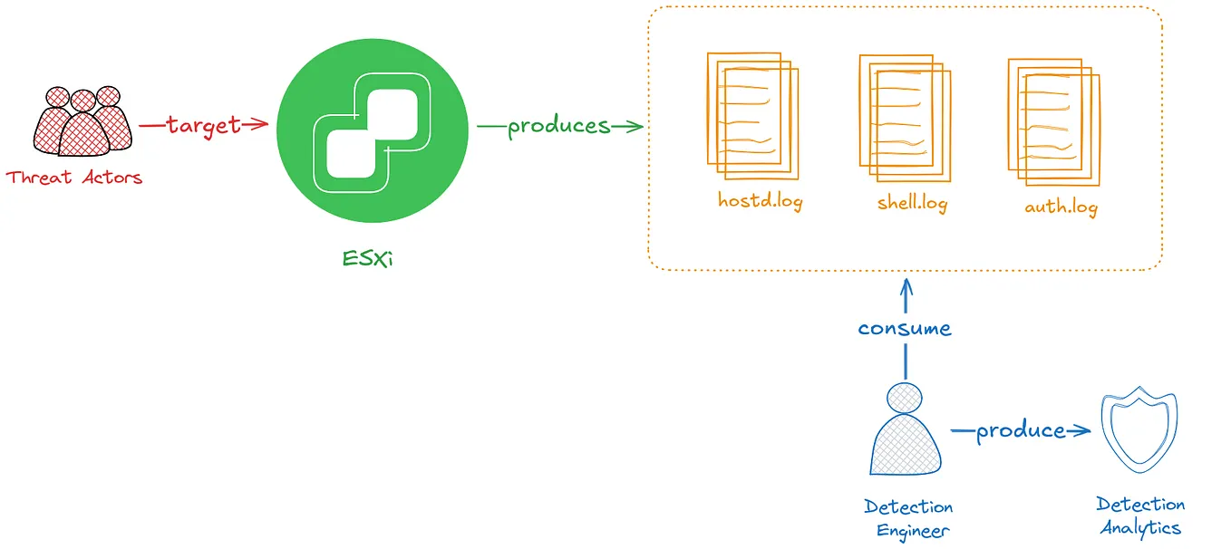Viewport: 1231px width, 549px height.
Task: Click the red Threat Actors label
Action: [x=74, y=178]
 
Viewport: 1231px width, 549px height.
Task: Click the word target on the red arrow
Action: [x=203, y=125]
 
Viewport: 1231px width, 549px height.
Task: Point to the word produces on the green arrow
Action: [x=558, y=126]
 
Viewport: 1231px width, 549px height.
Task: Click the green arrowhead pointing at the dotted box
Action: [x=635, y=126]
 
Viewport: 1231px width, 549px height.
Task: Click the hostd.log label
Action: [x=760, y=200]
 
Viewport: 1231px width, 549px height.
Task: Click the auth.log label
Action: [x=1061, y=207]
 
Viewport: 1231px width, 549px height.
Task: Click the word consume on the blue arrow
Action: [x=905, y=328]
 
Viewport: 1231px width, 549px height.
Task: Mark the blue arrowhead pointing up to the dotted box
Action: [x=905, y=288]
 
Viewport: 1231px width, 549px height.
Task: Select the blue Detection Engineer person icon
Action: [x=905, y=430]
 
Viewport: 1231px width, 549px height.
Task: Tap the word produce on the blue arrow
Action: [x=1020, y=431]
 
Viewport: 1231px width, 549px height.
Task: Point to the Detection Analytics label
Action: [x=1140, y=516]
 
